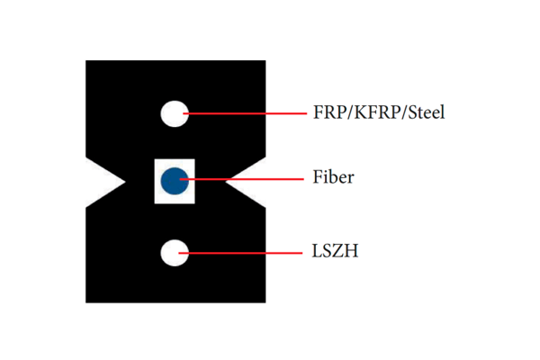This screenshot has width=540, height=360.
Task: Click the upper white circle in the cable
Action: [x=175, y=113]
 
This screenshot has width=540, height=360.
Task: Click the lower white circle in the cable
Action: [x=175, y=253]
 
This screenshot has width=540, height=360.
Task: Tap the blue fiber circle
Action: [x=175, y=180]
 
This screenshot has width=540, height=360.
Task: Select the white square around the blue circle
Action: [x=160, y=196]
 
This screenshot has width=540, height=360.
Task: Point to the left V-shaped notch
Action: [x=108, y=181]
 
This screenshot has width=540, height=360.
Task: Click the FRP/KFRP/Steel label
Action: [x=379, y=113]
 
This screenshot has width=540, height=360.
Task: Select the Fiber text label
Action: [x=333, y=177]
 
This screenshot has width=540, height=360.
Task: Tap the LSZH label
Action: [x=336, y=251]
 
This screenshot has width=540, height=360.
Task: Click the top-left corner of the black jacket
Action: [x=87, y=62]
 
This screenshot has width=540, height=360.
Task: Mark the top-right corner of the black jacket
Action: [x=264, y=62]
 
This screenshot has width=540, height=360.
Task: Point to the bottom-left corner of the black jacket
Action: [x=87, y=300]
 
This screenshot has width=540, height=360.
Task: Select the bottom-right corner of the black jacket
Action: [x=264, y=300]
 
